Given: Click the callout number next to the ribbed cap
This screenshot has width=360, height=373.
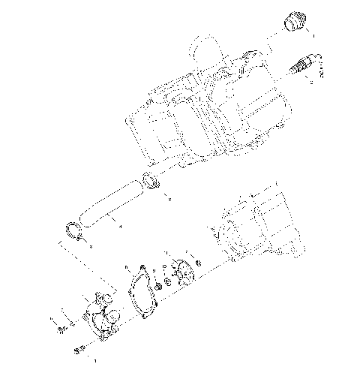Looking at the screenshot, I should pos(313,35).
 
